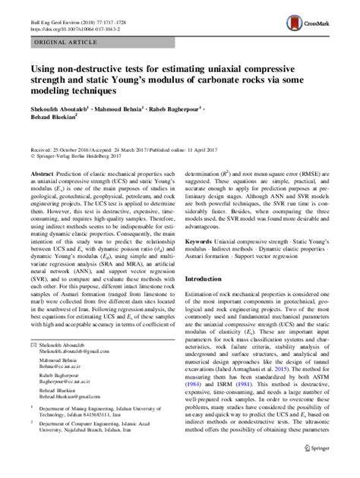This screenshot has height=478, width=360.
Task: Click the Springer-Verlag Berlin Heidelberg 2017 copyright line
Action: coord(80,159)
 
